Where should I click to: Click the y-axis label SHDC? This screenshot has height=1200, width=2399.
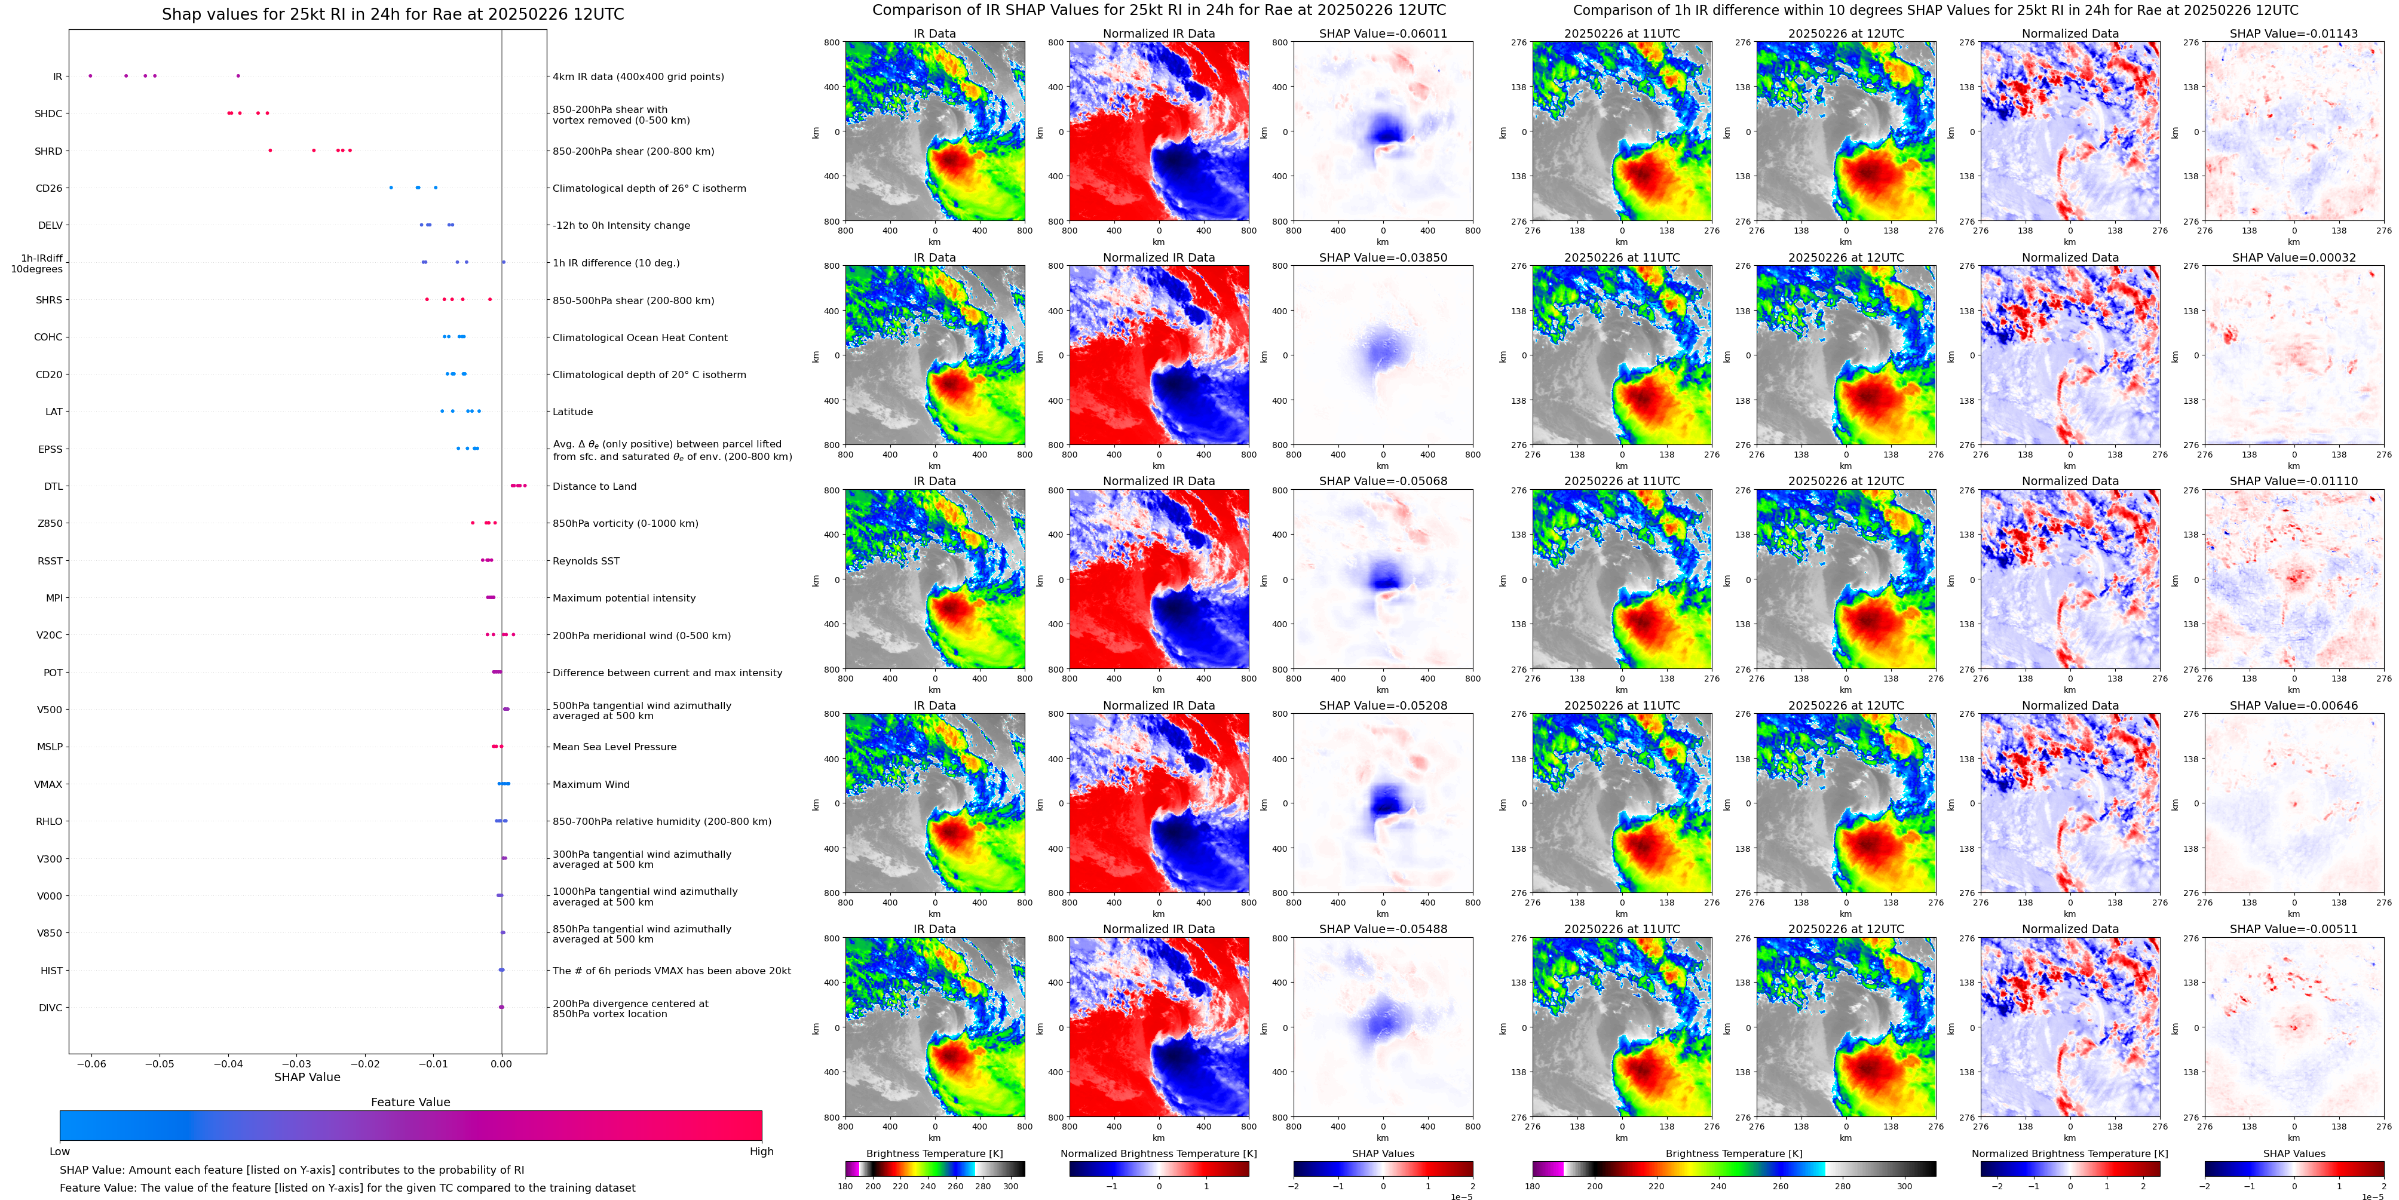tap(48, 113)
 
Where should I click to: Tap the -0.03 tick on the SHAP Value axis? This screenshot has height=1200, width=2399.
tap(297, 1063)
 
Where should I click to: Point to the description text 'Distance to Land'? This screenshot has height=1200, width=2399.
tap(594, 486)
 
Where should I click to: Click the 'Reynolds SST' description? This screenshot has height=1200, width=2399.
tap(586, 560)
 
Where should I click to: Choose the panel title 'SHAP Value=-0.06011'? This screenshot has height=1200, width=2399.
tap(1383, 33)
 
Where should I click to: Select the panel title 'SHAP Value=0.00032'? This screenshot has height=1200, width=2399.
tap(2294, 258)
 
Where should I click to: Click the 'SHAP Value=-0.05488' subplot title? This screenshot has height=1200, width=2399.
tap(1383, 929)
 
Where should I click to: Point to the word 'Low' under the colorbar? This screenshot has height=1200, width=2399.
tap(60, 1152)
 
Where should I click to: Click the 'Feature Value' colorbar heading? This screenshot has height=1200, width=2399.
tap(410, 1102)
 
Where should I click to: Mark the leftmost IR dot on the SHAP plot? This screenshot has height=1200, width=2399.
tap(90, 75)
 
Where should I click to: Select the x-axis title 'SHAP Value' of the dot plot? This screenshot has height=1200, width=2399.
tap(307, 1077)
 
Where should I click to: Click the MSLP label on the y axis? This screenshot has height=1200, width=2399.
tap(50, 747)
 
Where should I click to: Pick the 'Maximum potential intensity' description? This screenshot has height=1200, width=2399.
tap(624, 598)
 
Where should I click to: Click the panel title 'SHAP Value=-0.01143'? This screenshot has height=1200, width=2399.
tap(2294, 33)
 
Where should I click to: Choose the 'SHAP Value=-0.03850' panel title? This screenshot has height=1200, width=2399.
tap(1383, 258)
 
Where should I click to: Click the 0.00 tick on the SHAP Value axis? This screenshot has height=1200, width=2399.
tap(502, 1063)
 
